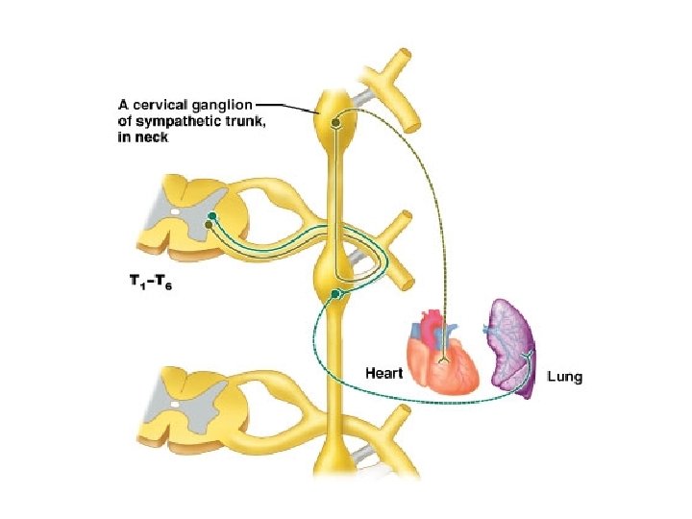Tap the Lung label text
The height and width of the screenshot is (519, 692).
pyautogui.click(x=564, y=377)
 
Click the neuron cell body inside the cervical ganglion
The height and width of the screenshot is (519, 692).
pyautogui.click(x=335, y=122)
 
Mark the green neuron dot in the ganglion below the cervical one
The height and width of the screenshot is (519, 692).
pyautogui.click(x=334, y=292)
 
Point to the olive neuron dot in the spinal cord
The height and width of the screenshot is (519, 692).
pyautogui.click(x=208, y=225)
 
